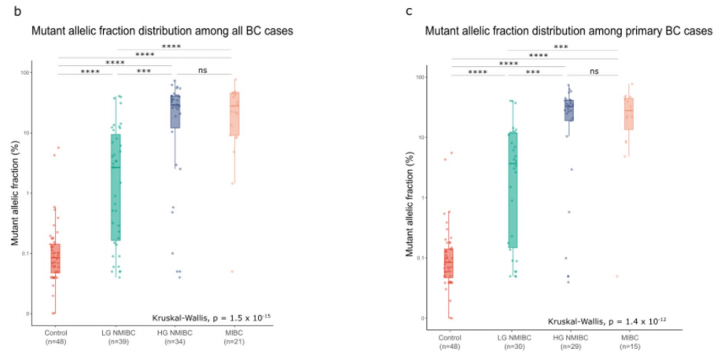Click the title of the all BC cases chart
[153, 32]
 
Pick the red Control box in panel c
[449, 263]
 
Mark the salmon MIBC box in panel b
[234, 113]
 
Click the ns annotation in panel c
[594, 72]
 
